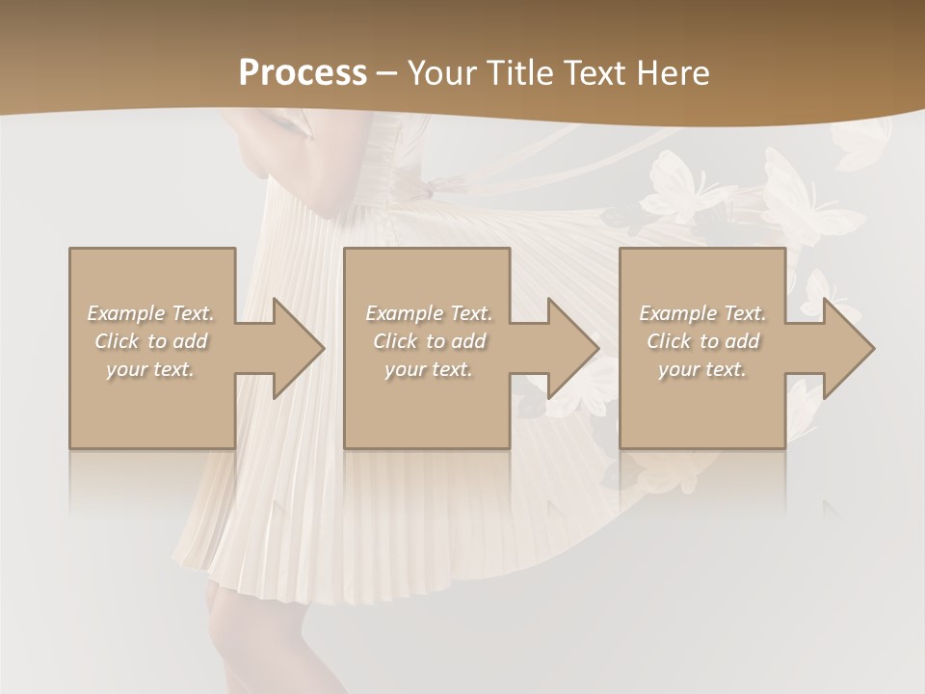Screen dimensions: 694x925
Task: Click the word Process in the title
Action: [303, 73]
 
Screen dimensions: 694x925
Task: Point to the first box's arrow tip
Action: [322, 348]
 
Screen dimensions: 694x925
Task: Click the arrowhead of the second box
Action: [596, 348]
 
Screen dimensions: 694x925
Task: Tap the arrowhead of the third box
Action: [871, 348]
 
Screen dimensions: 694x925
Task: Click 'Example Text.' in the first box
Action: [150, 313]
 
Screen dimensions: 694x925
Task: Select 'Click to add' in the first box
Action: [150, 341]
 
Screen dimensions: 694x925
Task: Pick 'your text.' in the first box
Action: [150, 369]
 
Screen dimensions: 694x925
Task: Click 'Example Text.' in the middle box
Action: [429, 313]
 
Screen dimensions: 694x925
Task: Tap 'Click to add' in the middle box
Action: [429, 341]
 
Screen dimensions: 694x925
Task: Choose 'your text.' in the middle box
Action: [429, 369]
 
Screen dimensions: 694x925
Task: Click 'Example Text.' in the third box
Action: [702, 313]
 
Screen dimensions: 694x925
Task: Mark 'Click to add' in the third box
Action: [702, 341]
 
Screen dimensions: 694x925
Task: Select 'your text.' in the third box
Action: [702, 369]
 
